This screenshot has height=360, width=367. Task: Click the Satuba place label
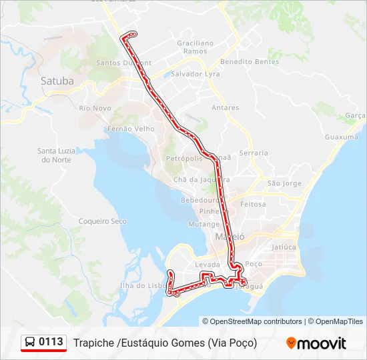57,81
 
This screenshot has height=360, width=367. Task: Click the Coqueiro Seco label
102,221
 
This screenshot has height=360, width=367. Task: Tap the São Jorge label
284,183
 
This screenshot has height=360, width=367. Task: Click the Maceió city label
230,237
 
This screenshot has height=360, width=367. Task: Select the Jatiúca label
284,247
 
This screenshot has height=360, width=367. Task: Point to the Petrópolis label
183,159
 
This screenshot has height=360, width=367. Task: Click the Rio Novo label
95,108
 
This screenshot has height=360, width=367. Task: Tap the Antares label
225,107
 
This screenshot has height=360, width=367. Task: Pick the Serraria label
254,153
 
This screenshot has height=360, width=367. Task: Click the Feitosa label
253,204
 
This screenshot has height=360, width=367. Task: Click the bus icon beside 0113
30,343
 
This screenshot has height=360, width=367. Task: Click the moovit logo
316,343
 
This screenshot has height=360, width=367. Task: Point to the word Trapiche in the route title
93,343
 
